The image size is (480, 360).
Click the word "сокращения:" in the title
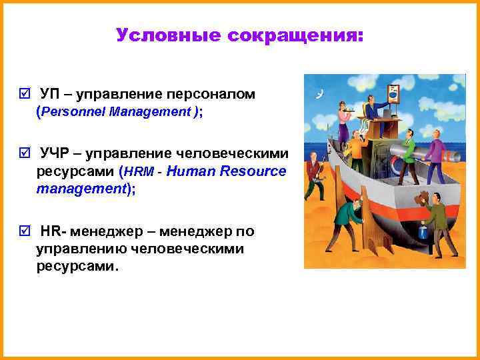point(295,35)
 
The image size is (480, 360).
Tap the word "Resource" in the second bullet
point(255,172)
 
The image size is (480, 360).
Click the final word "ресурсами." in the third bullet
point(77,267)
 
